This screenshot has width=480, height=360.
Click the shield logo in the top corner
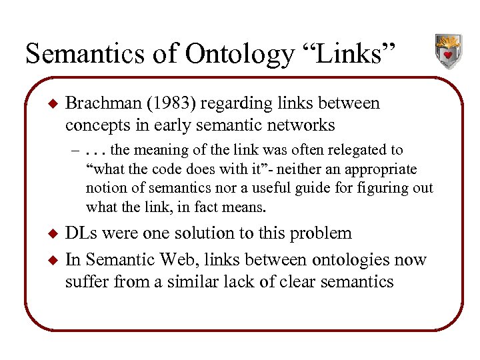coord(447,51)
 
